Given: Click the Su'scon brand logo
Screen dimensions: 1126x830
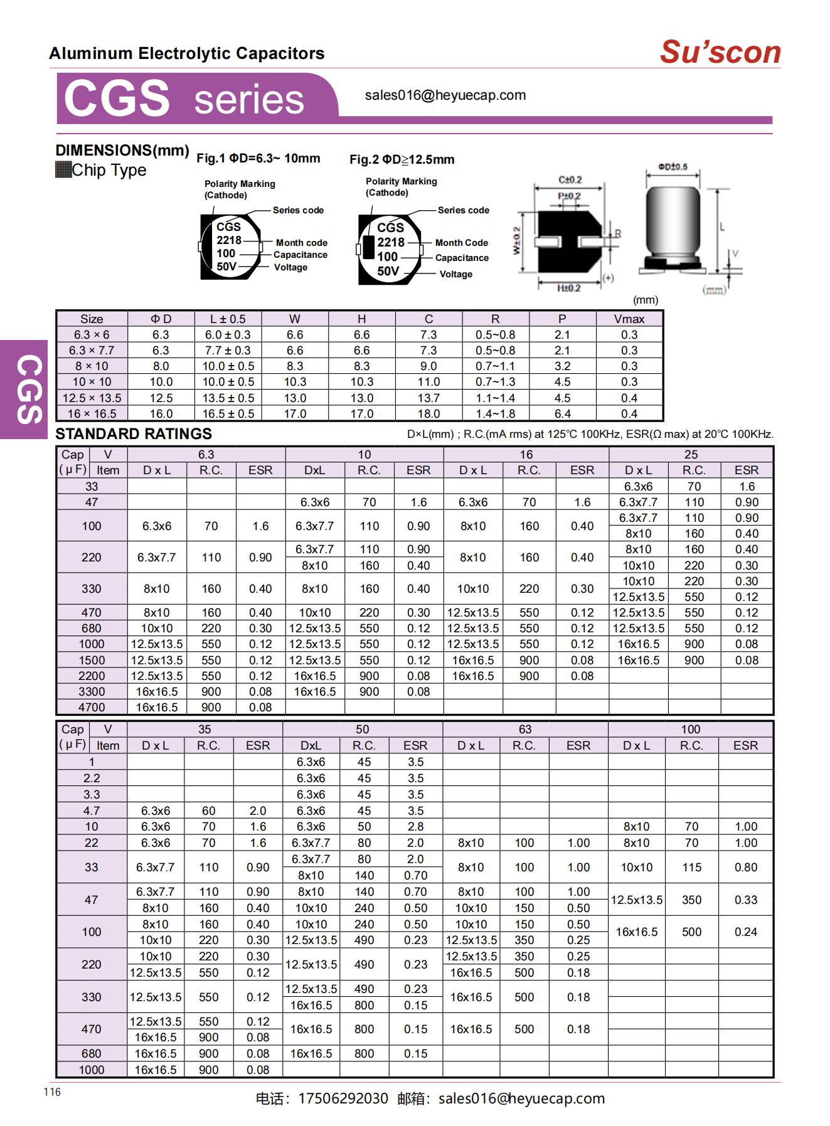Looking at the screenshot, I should (720, 52).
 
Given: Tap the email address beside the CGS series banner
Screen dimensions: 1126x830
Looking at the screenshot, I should (445, 95).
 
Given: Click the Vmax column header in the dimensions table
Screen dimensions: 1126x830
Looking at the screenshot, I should (629, 319).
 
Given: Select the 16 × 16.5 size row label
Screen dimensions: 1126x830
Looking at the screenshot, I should (92, 414).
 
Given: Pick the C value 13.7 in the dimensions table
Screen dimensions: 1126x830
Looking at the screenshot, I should (428, 398).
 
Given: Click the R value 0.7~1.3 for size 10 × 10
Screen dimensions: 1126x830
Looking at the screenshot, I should (495, 382).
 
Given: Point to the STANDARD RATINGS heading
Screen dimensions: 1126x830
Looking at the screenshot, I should (134, 434).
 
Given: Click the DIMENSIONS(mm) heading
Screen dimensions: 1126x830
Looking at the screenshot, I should (122, 151).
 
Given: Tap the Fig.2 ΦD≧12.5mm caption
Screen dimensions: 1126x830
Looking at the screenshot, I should (402, 159).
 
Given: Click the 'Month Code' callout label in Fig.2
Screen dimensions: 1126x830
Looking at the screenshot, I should (461, 243).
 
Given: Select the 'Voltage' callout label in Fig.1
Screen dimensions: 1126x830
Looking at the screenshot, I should (290, 267).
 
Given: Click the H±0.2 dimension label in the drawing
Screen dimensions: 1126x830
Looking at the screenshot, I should (568, 288).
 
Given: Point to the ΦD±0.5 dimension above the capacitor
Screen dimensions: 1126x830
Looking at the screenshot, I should (673, 167).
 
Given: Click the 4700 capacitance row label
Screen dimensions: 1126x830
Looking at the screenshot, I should (92, 708).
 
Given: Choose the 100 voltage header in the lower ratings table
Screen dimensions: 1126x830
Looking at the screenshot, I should (690, 730).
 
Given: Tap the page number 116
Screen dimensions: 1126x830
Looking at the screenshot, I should (53, 1092).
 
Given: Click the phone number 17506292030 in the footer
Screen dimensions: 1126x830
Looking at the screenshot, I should (343, 1098).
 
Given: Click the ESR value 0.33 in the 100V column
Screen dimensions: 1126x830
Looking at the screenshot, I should (745, 900).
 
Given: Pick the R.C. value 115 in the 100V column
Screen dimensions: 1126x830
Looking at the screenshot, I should (691, 868).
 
